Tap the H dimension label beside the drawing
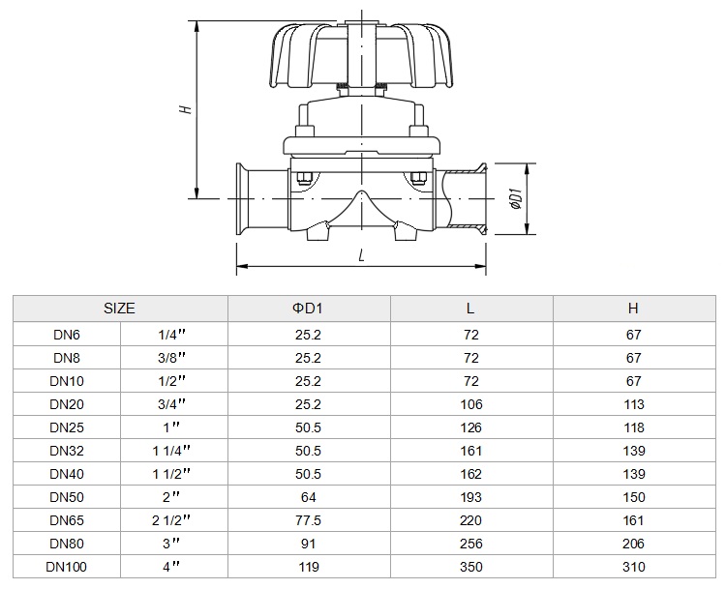tap(186, 109)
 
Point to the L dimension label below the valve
tap(362, 255)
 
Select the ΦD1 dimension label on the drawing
tap(516, 199)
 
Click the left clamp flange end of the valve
tap(241, 199)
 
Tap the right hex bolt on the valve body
tap(418, 178)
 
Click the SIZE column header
tap(119, 309)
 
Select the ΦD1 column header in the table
tap(308, 309)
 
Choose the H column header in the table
tap(633, 309)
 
